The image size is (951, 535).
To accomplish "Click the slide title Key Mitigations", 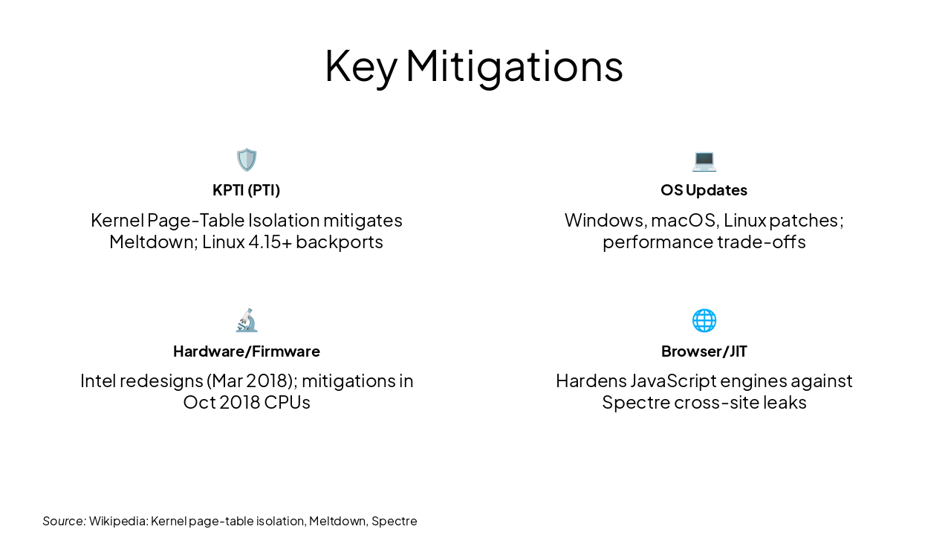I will tap(474, 66).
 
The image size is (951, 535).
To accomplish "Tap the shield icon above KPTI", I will tap(247, 160).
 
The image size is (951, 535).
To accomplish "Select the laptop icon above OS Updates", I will tap(704, 160).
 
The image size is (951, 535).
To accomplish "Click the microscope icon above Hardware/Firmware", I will tap(247, 320).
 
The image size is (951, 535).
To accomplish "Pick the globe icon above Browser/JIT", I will tap(704, 320).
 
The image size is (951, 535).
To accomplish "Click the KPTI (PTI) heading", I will tap(247, 190).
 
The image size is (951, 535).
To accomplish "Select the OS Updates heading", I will tap(704, 190).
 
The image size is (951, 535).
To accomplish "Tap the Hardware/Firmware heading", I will tap(247, 351).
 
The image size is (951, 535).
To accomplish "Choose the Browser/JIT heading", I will tap(704, 351).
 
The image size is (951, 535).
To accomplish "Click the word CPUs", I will tap(287, 403).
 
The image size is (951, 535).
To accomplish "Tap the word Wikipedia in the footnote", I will tap(117, 521).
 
